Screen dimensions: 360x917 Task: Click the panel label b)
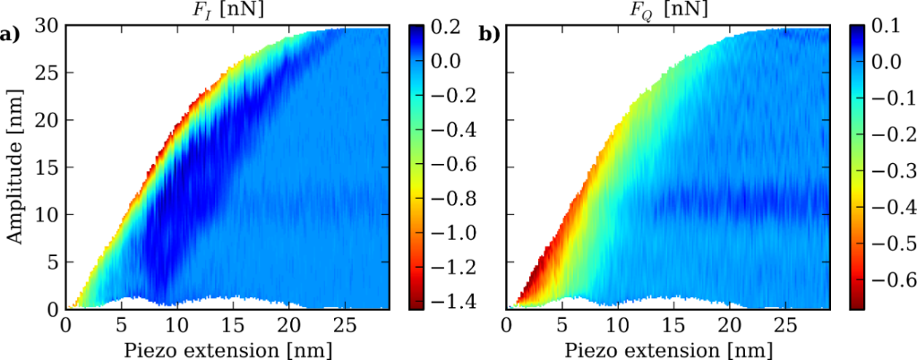tap(489, 35)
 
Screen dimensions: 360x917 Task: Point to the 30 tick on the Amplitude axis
tap(48, 27)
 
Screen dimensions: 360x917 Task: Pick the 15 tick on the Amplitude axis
tap(48, 167)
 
